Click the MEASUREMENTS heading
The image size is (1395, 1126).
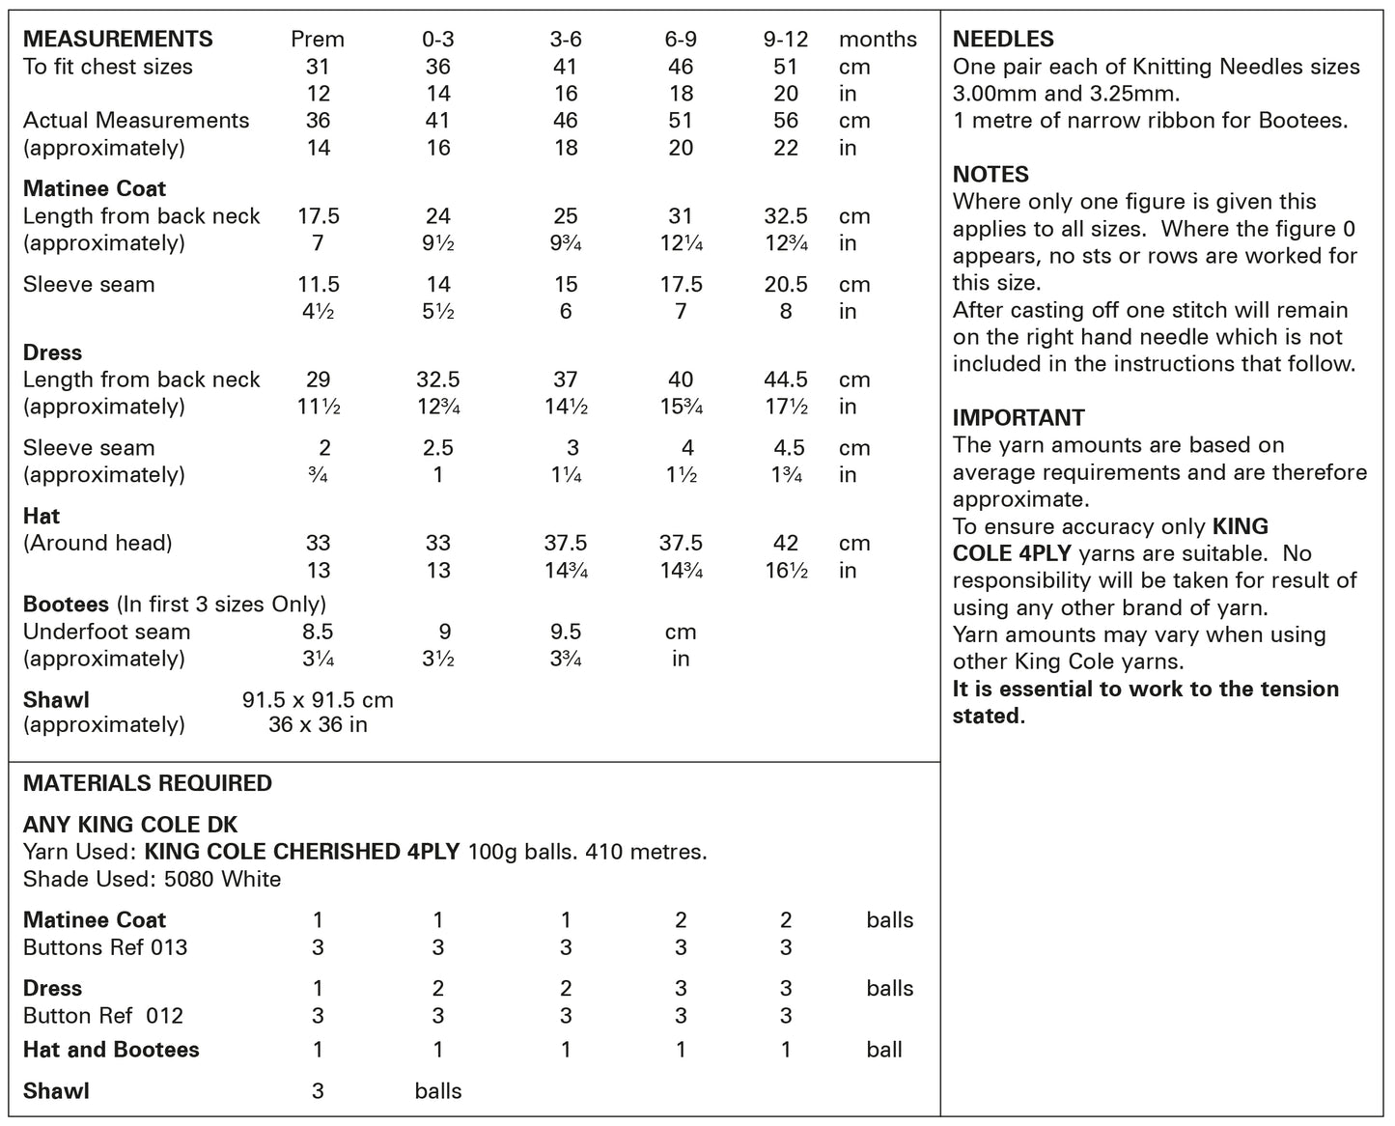tap(118, 40)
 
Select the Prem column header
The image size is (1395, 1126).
tap(318, 40)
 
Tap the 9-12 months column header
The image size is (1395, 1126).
tap(786, 40)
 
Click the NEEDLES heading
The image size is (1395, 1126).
tap(1003, 40)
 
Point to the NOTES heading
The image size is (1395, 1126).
tap(990, 175)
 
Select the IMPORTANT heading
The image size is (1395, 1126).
tap(1018, 418)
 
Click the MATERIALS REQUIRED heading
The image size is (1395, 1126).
tap(148, 783)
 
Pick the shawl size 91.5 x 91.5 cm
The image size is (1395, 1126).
tap(318, 700)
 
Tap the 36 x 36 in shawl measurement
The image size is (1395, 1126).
tap(318, 724)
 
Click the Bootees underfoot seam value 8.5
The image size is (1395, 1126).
tap(318, 632)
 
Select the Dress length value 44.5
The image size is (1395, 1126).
tap(786, 380)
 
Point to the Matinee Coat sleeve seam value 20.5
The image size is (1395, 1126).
tap(786, 285)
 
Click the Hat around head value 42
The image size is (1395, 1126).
tap(786, 543)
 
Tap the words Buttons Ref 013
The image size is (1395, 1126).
tap(105, 947)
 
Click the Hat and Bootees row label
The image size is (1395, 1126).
tap(111, 1050)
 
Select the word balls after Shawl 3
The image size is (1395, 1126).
tap(438, 1091)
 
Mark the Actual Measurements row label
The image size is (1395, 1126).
tap(136, 121)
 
